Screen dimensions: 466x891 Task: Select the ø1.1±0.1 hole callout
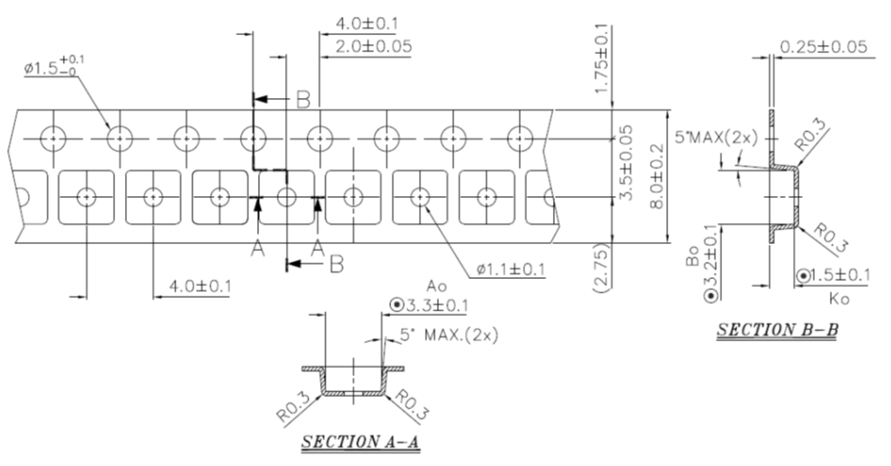point(511,268)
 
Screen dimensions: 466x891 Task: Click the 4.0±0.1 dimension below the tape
point(192,285)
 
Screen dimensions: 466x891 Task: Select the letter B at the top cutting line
point(303,100)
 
